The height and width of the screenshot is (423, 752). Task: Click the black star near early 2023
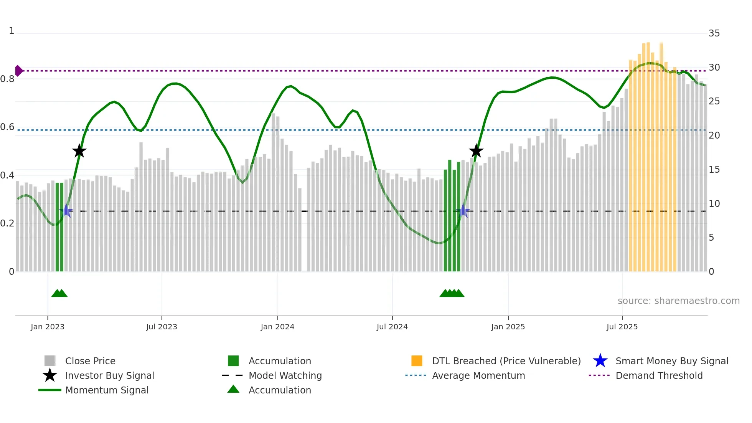click(79, 151)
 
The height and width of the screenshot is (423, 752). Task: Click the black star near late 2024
click(476, 151)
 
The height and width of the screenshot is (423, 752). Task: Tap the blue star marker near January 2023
click(67, 211)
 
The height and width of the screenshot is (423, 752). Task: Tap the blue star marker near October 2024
click(463, 211)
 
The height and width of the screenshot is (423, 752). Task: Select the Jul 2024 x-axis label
click(392, 327)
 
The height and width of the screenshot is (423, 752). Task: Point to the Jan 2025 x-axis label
click(508, 327)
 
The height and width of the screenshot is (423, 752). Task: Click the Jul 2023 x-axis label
click(162, 327)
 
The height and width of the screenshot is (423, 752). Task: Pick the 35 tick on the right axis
click(714, 33)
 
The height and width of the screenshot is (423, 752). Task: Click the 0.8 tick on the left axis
click(7, 79)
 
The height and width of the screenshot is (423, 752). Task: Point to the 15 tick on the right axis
click(714, 170)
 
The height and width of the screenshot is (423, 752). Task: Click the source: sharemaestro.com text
click(678, 301)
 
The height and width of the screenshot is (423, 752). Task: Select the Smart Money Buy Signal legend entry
click(671, 361)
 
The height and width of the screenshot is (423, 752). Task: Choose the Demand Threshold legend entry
click(659, 375)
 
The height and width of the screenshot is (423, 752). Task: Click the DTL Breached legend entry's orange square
click(417, 361)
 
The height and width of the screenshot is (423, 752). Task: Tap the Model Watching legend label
click(285, 375)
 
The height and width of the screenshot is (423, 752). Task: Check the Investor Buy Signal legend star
click(50, 375)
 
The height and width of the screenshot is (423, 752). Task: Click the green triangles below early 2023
click(59, 293)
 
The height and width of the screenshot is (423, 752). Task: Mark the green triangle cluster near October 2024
click(452, 293)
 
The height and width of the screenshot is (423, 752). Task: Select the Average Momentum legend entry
click(478, 375)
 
